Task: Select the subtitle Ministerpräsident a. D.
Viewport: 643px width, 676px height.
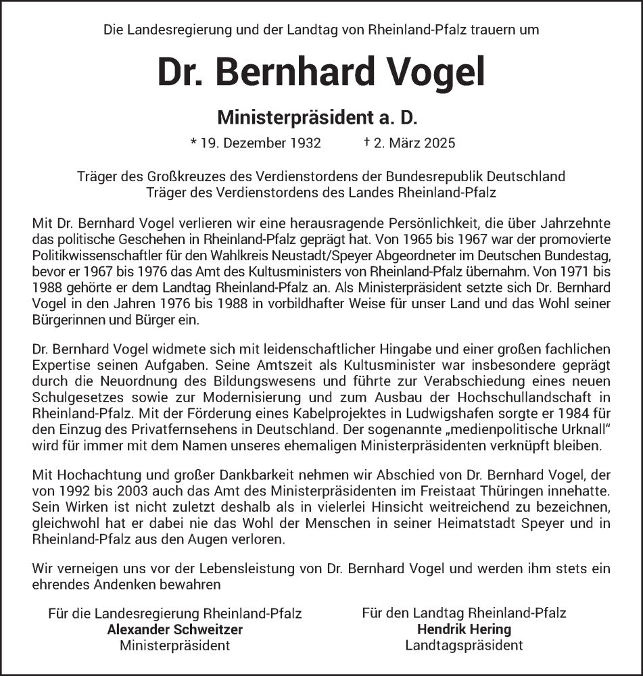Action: pyautogui.click(x=318, y=118)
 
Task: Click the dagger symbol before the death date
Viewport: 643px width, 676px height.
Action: pyautogui.click(x=366, y=143)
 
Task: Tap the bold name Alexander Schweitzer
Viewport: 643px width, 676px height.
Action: pyautogui.click(x=174, y=629)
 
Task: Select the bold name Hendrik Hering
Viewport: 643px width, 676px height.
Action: pyautogui.click(x=464, y=629)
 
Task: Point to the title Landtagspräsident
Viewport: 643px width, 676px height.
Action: pyautogui.click(x=464, y=645)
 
